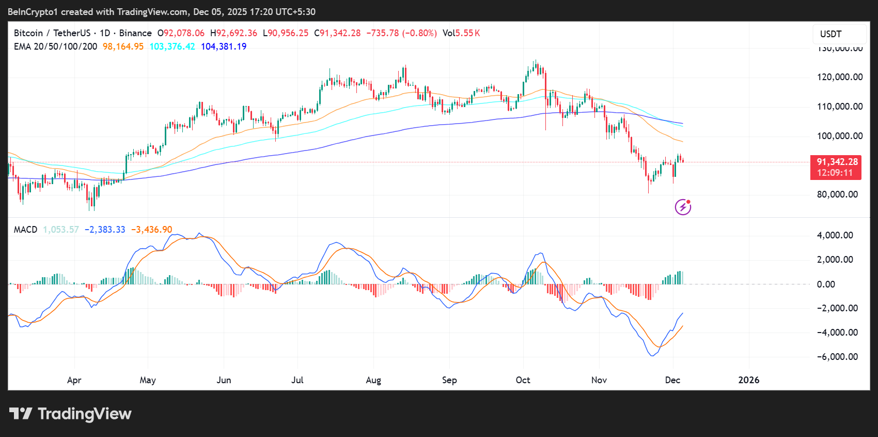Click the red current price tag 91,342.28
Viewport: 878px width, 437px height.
[836, 162]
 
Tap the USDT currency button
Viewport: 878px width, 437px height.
[830, 34]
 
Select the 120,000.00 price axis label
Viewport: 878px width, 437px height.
[839, 77]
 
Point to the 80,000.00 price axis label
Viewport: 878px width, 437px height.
[837, 194]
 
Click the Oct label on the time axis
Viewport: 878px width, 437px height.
[523, 380]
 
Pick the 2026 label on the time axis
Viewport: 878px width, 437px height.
[748, 380]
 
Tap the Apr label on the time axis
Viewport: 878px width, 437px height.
[74, 380]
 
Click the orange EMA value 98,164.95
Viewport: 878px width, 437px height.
[123, 47]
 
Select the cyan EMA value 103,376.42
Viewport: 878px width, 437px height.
[172, 47]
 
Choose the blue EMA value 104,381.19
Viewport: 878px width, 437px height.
[223, 47]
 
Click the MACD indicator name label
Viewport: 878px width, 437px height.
[25, 230]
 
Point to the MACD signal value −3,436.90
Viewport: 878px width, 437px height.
[151, 230]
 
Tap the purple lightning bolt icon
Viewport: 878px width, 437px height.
[683, 207]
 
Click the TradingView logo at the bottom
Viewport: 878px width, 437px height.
[71, 414]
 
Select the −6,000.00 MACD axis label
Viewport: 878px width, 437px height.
[837, 357]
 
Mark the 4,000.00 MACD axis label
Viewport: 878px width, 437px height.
[835, 235]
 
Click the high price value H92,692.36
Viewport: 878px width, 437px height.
[233, 33]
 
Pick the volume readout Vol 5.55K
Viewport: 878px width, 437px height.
[461, 33]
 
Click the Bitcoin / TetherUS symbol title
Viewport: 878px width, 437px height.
[52, 33]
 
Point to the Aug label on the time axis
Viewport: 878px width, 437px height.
[373, 380]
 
